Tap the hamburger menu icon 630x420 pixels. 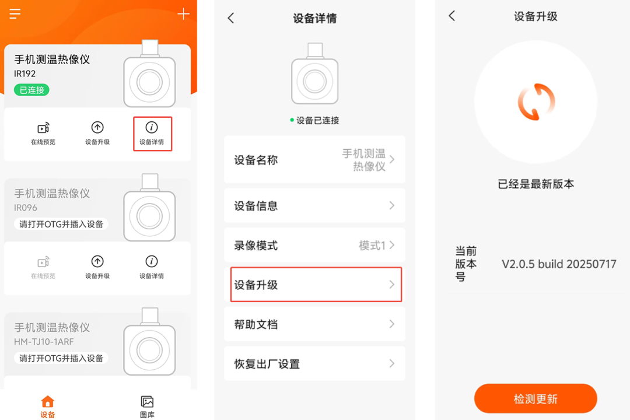(15, 13)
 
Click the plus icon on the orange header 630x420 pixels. (184, 14)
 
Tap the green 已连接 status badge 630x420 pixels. (32, 90)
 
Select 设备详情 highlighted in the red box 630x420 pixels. (152, 134)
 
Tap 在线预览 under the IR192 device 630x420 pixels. (43, 134)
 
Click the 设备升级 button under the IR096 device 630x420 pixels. (97, 268)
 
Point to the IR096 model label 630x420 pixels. (26, 208)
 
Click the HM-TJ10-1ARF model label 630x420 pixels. (44, 342)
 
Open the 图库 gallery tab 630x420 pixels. (147, 407)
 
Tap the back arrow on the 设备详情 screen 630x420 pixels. (230, 18)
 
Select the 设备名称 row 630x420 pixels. (314, 160)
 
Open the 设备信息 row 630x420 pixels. (314, 205)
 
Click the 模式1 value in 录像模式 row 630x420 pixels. (372, 245)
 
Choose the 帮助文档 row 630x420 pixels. (314, 324)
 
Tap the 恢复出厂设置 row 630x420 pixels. (314, 364)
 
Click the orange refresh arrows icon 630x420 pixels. (536, 102)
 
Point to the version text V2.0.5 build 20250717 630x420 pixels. (559, 264)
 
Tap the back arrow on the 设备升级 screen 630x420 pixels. (452, 16)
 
